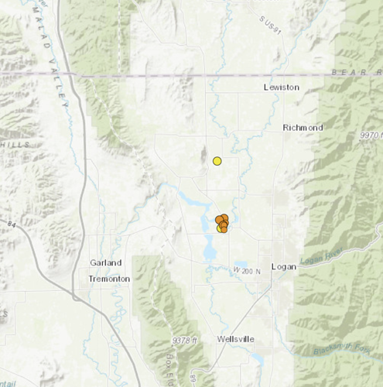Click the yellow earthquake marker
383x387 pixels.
click(217, 161)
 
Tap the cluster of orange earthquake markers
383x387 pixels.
click(222, 223)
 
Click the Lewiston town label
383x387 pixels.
click(281, 87)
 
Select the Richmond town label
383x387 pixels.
click(303, 127)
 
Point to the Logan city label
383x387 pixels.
click(284, 266)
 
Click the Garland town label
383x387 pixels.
click(105, 263)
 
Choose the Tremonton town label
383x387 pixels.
click(109, 278)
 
